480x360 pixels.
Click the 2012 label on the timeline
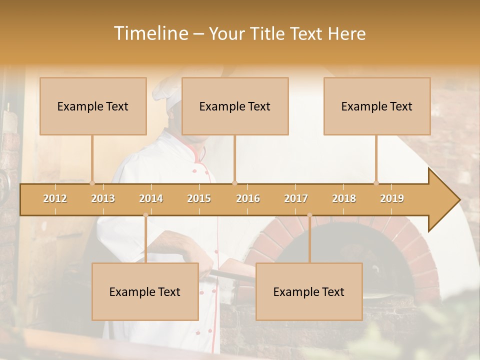click(55, 198)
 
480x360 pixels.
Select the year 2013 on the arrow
click(103, 198)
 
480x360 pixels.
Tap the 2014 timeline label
click(151, 198)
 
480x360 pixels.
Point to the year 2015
click(199, 198)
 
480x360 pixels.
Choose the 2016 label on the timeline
click(248, 198)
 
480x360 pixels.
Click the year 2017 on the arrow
click(296, 198)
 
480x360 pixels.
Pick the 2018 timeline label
click(344, 198)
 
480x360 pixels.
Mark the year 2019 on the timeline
click(392, 198)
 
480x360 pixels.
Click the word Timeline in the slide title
click(150, 33)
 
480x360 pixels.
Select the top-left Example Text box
click(93, 106)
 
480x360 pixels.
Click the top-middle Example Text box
click(235, 106)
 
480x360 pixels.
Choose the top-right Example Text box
click(377, 106)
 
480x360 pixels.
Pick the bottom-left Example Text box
click(145, 291)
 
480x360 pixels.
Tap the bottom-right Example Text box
click(309, 291)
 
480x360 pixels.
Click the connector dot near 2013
click(92, 183)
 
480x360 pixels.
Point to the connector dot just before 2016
click(235, 183)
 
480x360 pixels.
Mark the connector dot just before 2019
click(376, 183)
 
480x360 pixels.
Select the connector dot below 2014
click(145, 215)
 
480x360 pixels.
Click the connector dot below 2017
click(309, 215)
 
